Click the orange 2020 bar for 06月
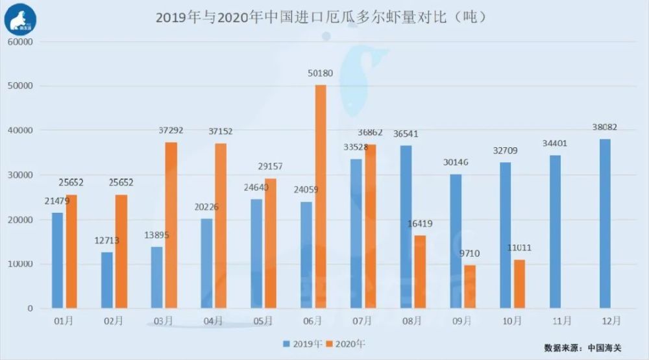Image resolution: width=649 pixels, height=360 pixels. tap(321, 197)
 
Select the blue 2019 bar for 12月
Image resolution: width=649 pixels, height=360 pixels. tap(606, 224)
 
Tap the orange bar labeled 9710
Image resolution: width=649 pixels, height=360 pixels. tap(470, 287)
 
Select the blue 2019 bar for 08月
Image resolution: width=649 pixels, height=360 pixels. tap(406, 227)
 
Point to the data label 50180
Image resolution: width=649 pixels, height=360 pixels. tap(321, 75)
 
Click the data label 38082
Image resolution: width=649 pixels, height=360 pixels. tap(604, 128)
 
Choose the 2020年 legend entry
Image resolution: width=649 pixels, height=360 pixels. tap(347, 343)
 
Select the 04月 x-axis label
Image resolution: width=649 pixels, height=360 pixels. tap(212, 320)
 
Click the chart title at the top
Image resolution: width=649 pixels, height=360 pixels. tap(321, 18)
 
